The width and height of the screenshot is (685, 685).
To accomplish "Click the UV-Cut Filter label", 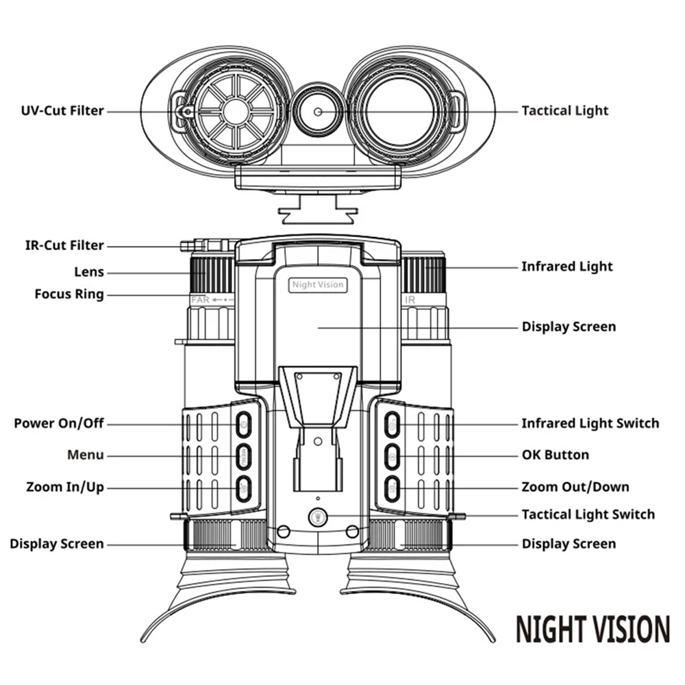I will [x=62, y=110].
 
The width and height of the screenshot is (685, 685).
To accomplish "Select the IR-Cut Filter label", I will [x=60, y=245].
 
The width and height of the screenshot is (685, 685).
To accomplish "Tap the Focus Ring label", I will [x=69, y=295].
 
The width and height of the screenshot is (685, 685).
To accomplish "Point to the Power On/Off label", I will [x=59, y=423].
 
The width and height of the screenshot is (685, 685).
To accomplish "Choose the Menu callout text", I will [x=86, y=455].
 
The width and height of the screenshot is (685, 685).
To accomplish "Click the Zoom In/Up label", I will [x=65, y=488].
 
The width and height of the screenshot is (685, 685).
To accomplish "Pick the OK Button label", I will [x=555, y=455].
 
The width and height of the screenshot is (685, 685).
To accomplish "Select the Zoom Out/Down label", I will [x=575, y=487].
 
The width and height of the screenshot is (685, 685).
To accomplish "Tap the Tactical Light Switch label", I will [x=588, y=514].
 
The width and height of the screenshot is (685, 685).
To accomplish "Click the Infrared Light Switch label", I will [x=590, y=423].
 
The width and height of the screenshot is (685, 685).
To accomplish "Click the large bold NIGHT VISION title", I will [x=593, y=629].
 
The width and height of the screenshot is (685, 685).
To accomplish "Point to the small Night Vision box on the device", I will [x=318, y=285].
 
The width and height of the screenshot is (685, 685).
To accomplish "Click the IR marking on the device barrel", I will [x=410, y=300].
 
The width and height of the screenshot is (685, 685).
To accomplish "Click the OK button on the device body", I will [x=392, y=455].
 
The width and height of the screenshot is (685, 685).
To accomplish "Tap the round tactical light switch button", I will [x=316, y=518].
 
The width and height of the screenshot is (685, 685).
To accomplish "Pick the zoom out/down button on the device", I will [x=392, y=488].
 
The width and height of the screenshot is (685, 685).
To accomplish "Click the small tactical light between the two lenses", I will [x=317, y=111].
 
